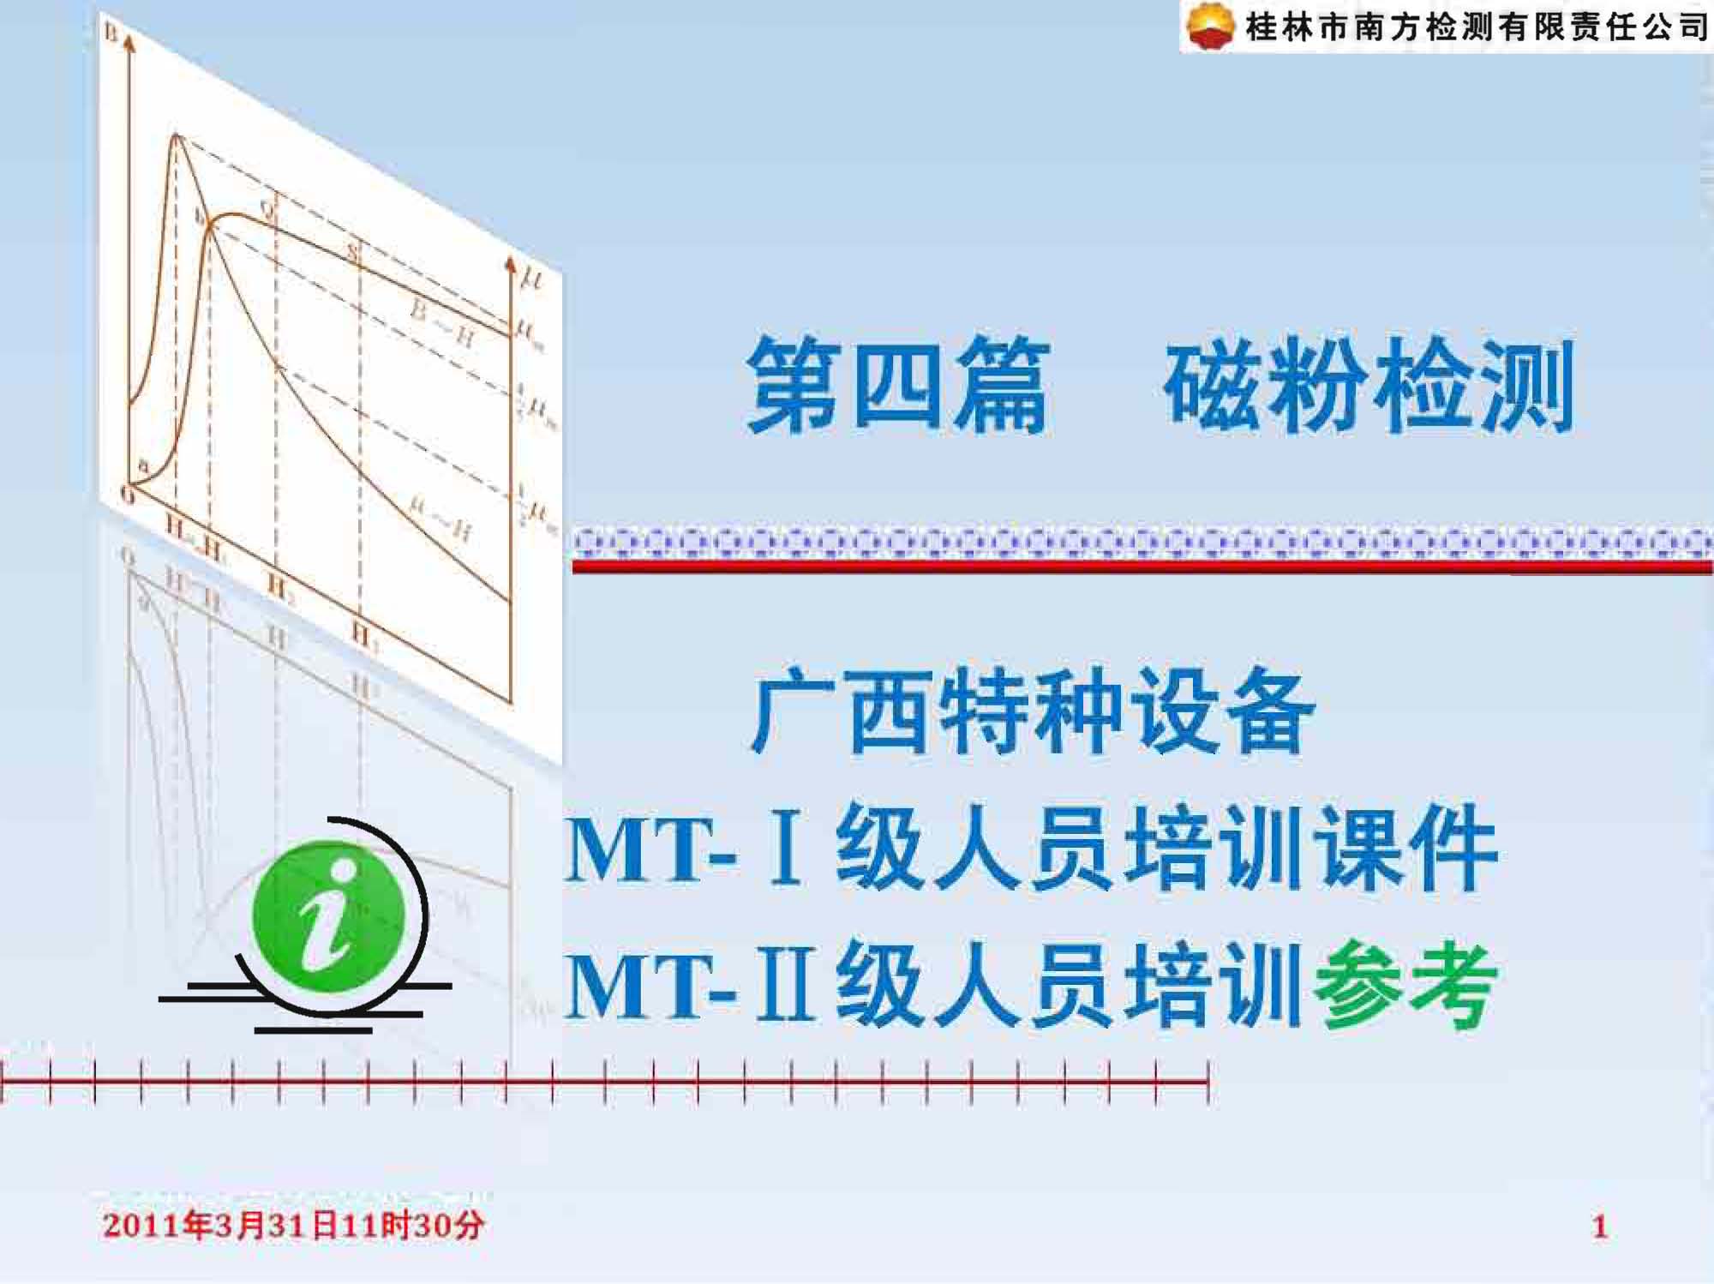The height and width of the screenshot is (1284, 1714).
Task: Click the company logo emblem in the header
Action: (x=1210, y=27)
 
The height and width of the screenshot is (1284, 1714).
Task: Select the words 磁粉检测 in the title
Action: (x=1369, y=385)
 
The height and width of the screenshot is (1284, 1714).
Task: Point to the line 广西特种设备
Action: (x=1033, y=711)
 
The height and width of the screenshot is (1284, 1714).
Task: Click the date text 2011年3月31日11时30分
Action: (x=293, y=1225)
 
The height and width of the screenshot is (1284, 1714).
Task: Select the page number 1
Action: (x=1599, y=1227)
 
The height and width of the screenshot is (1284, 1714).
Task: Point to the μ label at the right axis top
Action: (x=533, y=279)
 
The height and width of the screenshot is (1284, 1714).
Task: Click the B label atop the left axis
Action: (x=111, y=33)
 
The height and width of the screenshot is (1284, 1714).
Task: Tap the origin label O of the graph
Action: (x=127, y=495)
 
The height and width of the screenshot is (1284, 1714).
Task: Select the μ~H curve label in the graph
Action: (x=440, y=518)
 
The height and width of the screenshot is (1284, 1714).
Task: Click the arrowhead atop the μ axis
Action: (x=511, y=264)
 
